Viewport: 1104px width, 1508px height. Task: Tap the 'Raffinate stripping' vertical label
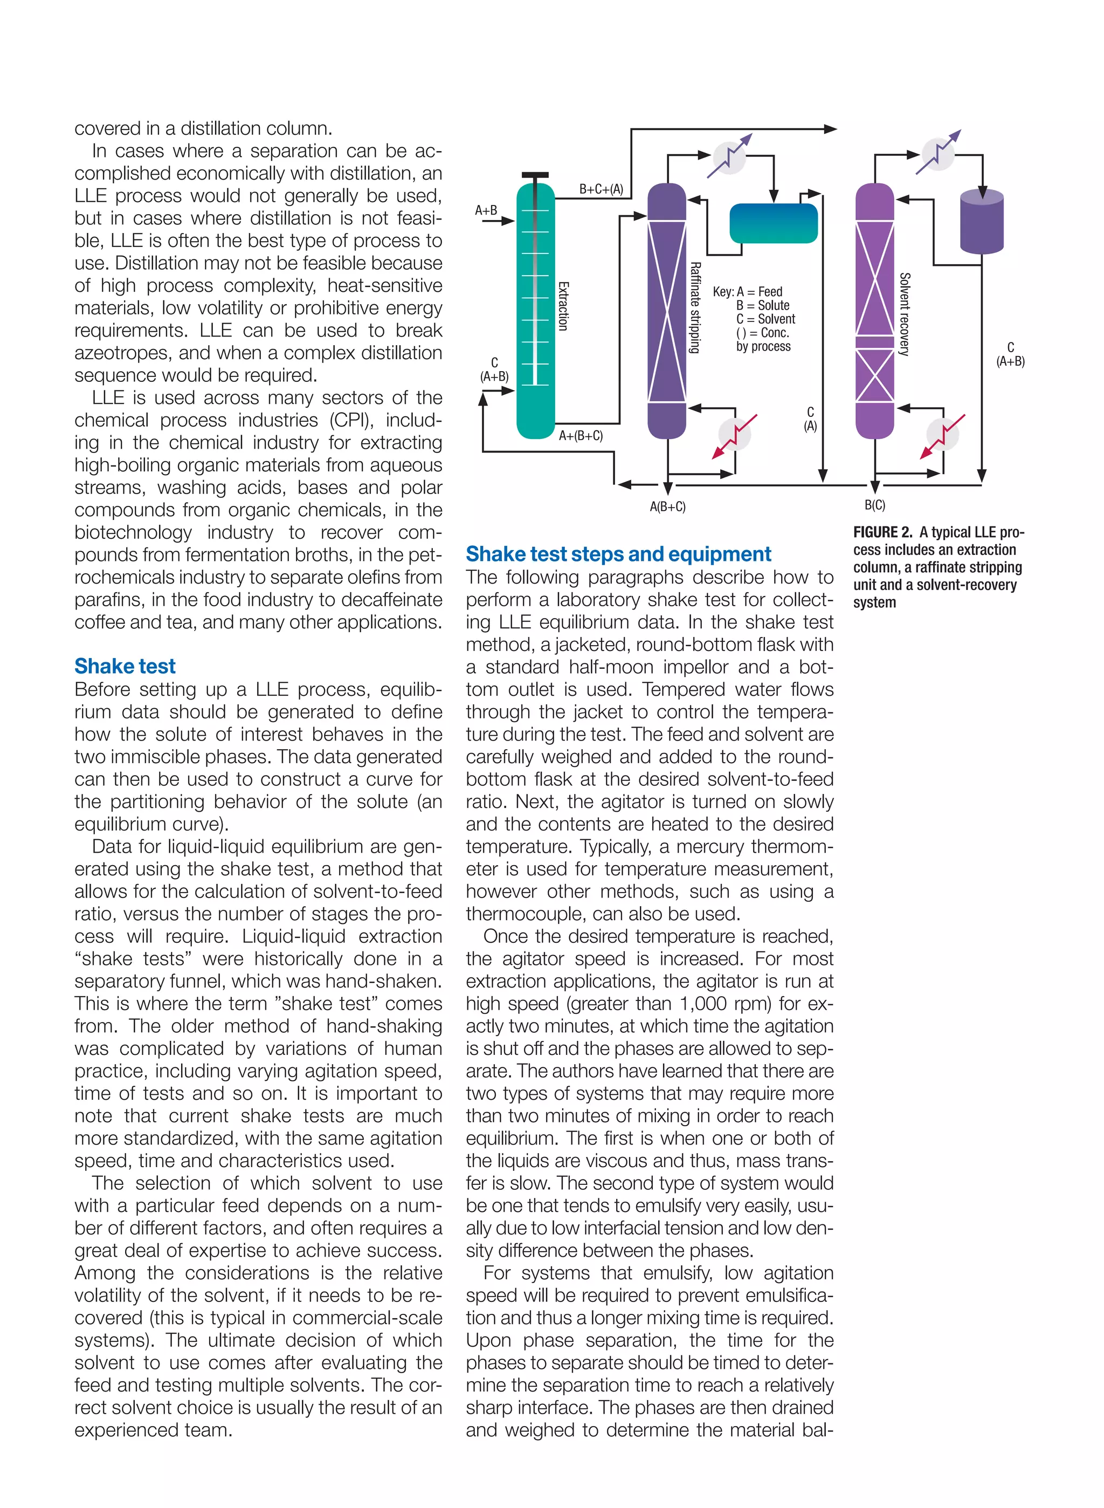(695, 307)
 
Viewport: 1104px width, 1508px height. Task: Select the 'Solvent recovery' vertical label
(904, 314)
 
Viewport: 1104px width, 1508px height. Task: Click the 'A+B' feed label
(486, 210)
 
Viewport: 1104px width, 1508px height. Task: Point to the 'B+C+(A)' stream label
(601, 189)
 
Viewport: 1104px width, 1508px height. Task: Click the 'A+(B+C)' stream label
(580, 436)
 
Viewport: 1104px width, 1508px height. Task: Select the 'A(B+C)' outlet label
(667, 506)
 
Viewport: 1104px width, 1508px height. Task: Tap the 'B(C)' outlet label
(875, 505)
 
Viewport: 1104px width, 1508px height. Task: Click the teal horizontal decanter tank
(773, 223)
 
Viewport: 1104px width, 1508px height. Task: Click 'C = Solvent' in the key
(766, 319)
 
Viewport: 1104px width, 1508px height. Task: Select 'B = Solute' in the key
(763, 305)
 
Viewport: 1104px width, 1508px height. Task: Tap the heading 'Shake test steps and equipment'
(618, 553)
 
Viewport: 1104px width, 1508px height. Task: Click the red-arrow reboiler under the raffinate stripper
(734, 435)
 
